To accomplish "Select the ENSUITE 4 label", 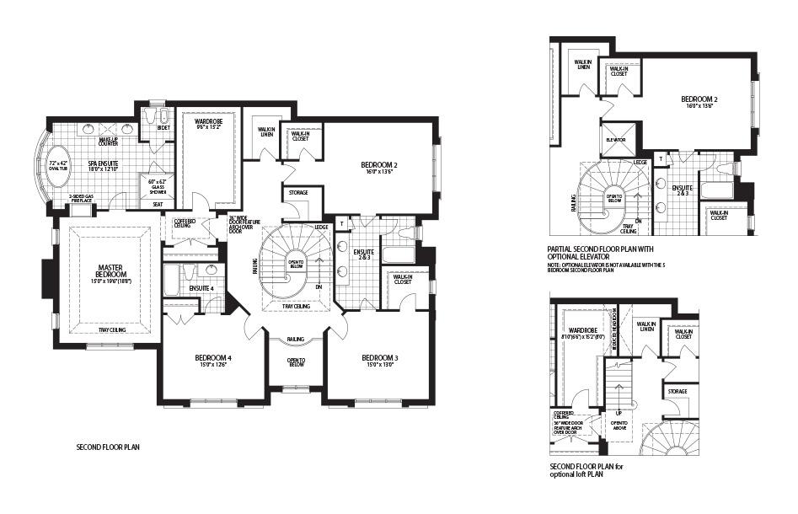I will tap(201, 288).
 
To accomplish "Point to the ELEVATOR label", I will tap(615, 139).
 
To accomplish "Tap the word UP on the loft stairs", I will tap(619, 414).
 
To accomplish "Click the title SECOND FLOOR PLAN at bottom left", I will tap(107, 447).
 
